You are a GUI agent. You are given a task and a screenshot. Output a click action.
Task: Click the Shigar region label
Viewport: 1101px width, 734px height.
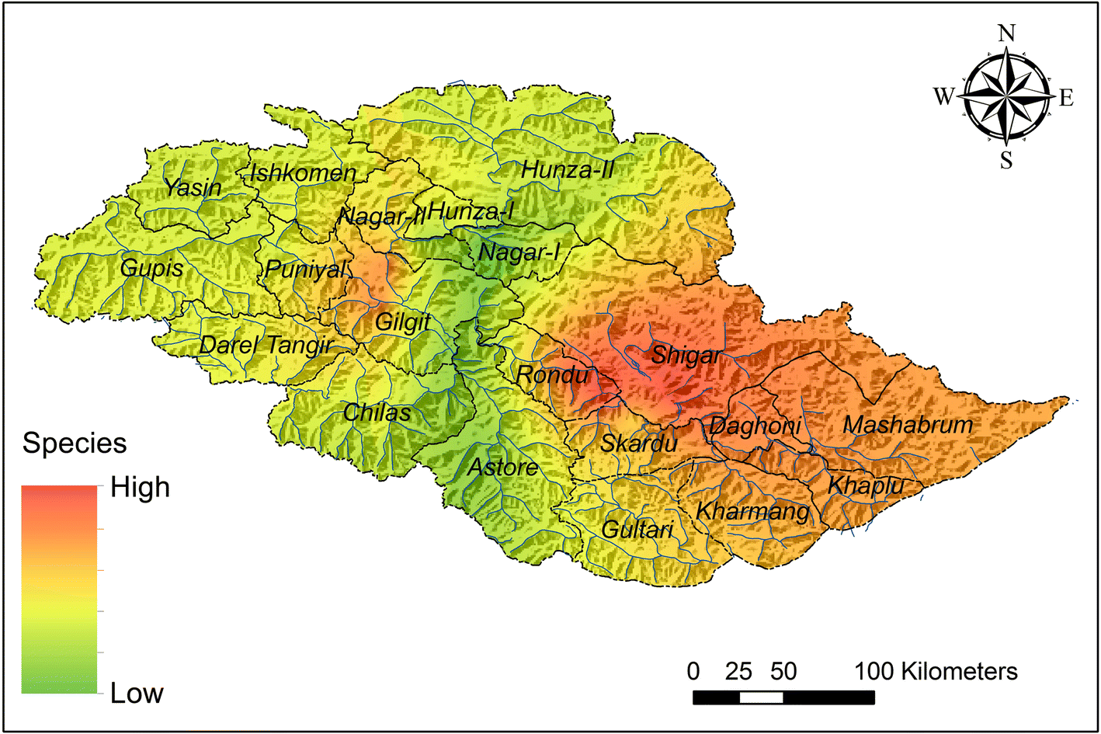pyautogui.click(x=686, y=357)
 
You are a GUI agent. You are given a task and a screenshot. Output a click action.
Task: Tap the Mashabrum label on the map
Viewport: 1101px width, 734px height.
pyautogui.click(x=908, y=426)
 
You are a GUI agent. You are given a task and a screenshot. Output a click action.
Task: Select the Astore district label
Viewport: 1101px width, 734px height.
pyautogui.click(x=502, y=468)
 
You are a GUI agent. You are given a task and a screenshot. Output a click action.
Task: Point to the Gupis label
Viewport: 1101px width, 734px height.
pyautogui.click(x=151, y=269)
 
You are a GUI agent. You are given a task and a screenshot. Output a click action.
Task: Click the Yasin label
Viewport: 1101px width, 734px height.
pyautogui.click(x=192, y=188)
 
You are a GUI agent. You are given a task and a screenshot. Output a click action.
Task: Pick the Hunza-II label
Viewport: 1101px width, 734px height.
pyautogui.click(x=568, y=170)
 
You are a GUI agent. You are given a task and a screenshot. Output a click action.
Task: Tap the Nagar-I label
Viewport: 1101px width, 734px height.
pyautogui.click(x=519, y=252)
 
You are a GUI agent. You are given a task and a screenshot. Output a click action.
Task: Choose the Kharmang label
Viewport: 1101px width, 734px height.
pyautogui.click(x=752, y=512)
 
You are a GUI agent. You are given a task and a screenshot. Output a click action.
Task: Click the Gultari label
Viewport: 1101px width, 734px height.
pyautogui.click(x=637, y=530)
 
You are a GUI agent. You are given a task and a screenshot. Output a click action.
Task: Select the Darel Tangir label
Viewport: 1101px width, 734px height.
pyautogui.click(x=266, y=345)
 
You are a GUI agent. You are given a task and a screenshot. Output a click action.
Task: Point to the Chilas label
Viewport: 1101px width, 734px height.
pyautogui.click(x=377, y=412)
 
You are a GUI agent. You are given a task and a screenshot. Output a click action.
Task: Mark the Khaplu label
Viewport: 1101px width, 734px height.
pyautogui.click(x=866, y=486)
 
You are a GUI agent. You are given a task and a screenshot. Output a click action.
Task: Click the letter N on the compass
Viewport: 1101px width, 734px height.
pyautogui.click(x=1006, y=33)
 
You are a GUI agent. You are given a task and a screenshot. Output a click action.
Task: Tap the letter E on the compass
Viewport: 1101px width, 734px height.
pyautogui.click(x=1066, y=98)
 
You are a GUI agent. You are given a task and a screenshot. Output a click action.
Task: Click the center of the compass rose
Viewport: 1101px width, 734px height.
pyautogui.click(x=1006, y=97)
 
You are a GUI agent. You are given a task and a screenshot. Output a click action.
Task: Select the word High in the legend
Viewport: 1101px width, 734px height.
pyautogui.click(x=140, y=488)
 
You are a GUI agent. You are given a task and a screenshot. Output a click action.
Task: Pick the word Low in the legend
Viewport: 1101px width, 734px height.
pyautogui.click(x=137, y=693)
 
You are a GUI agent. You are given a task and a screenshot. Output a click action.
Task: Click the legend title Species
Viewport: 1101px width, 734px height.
pyautogui.click(x=75, y=444)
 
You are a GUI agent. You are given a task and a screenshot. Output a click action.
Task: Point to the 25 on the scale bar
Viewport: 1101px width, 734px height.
pyautogui.click(x=738, y=671)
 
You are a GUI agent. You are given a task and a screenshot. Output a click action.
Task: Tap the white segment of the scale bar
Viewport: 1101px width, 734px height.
pyautogui.click(x=761, y=697)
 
